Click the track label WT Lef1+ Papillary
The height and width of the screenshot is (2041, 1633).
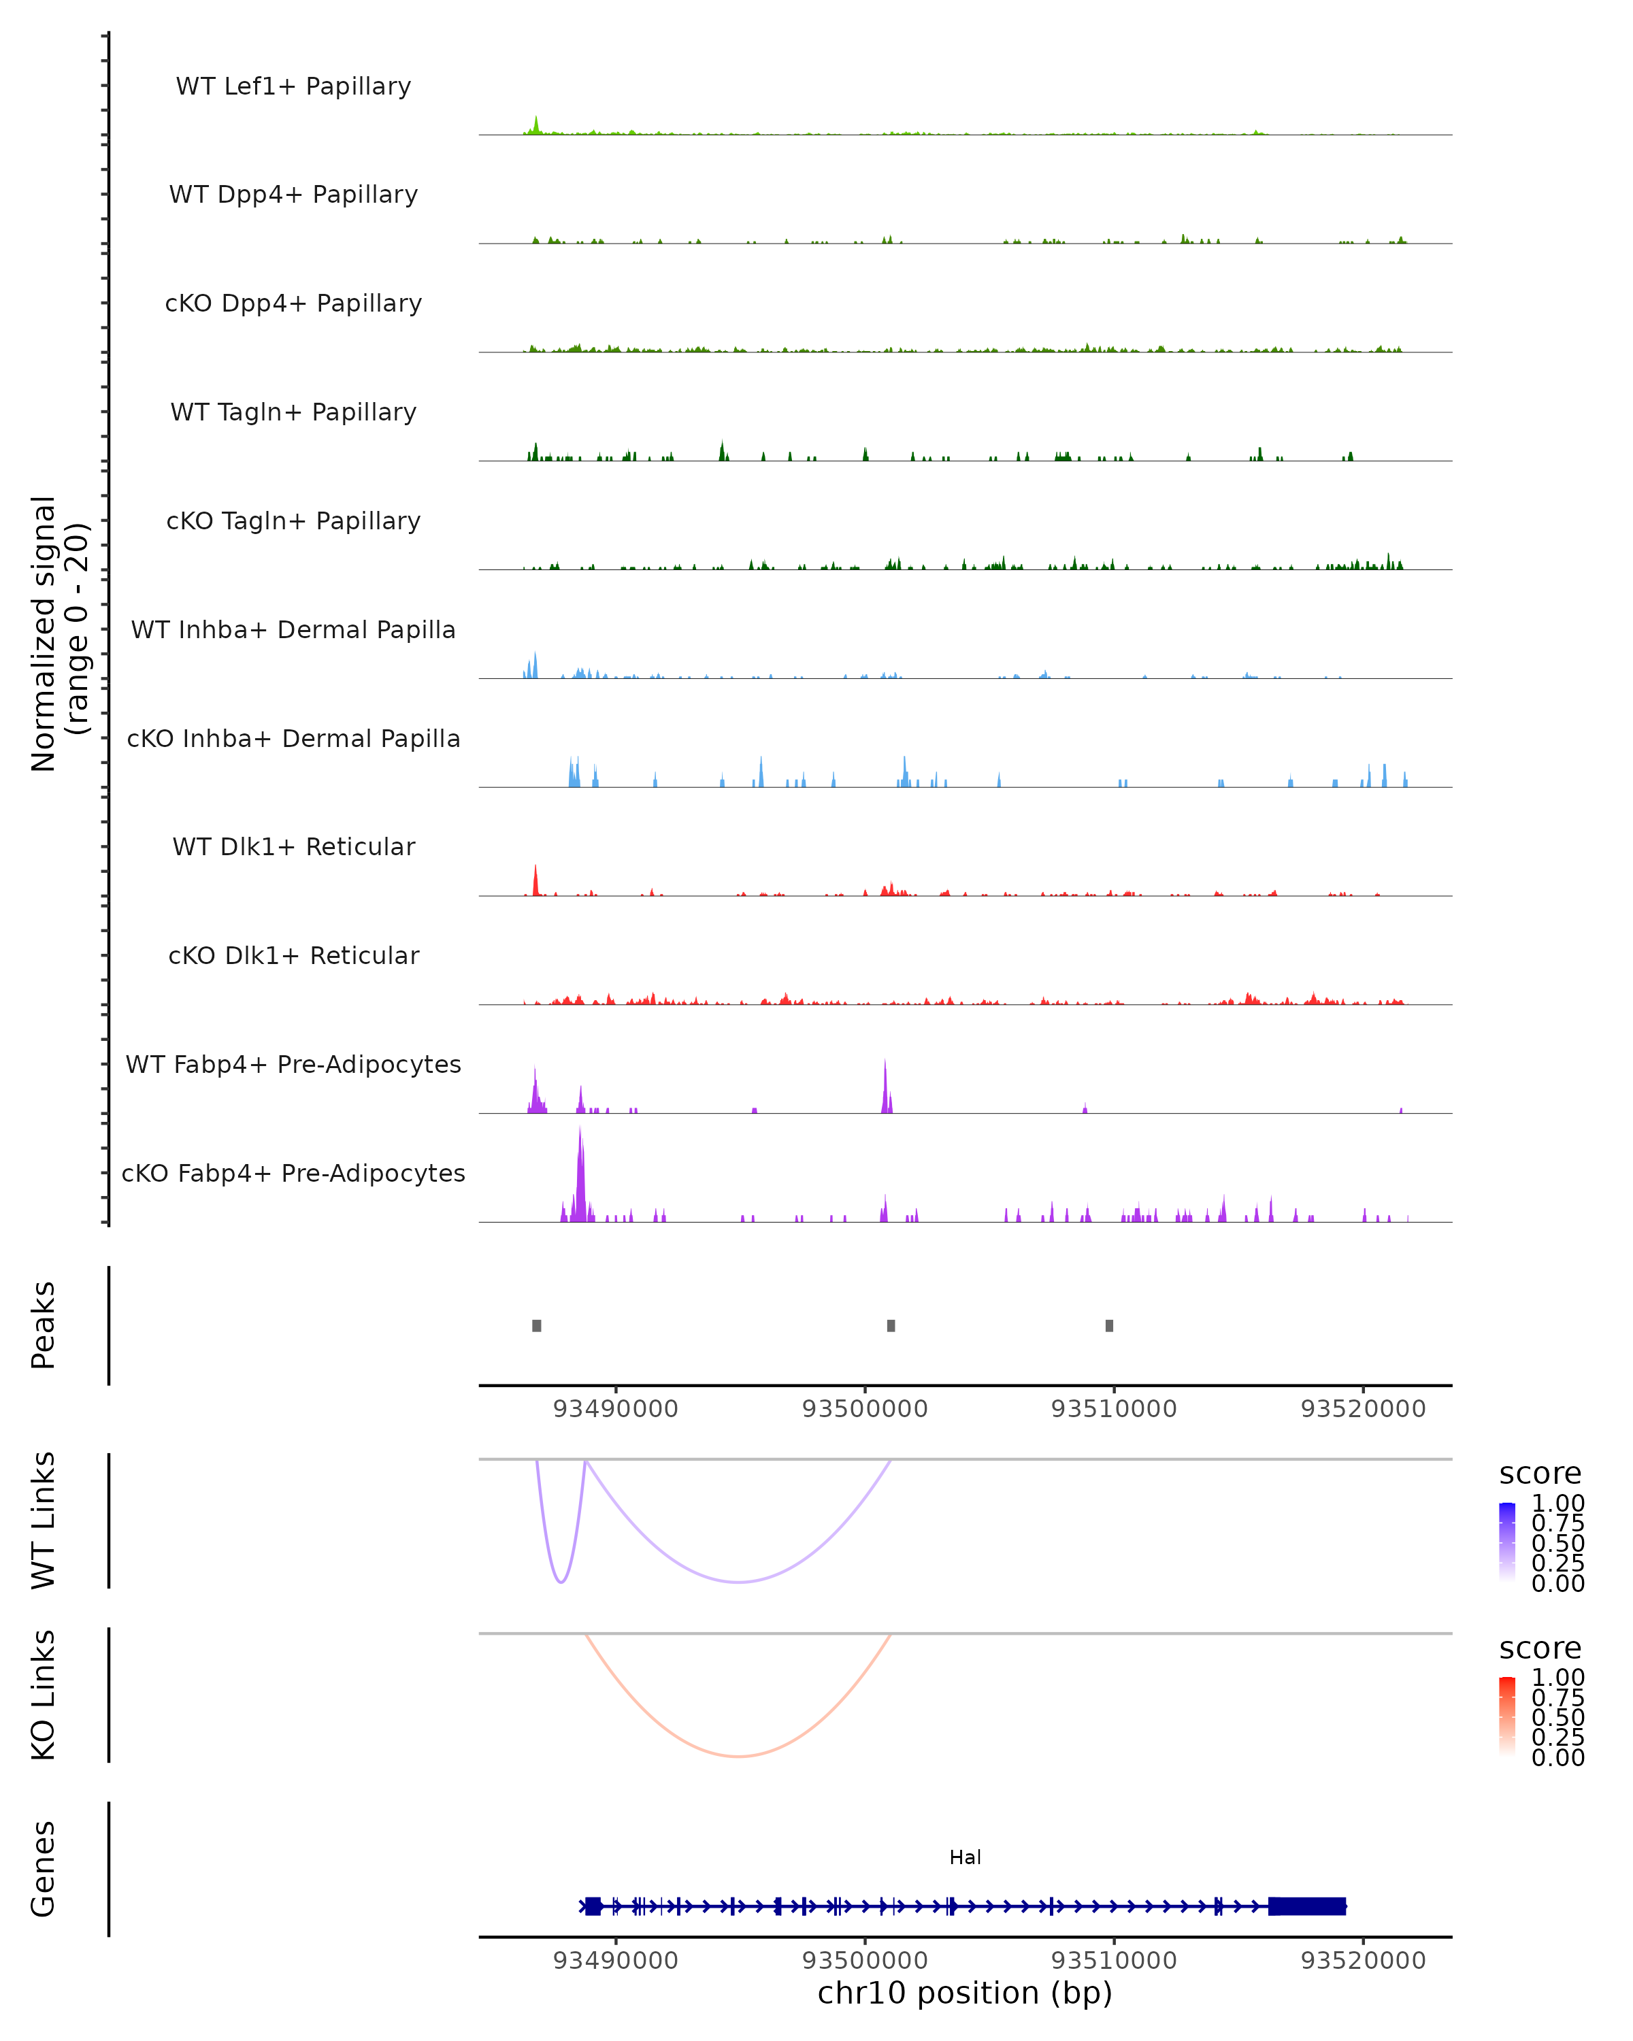pos(293,86)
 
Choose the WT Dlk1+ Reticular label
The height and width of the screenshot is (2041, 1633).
pos(293,846)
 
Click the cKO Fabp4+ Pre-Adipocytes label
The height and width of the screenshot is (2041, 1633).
pos(293,1173)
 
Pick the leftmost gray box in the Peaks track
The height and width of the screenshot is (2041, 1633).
pos(537,1325)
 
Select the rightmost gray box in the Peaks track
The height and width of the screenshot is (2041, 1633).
pos(1110,1325)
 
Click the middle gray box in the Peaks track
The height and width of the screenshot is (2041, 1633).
pos(891,1325)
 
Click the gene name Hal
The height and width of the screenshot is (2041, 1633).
pos(965,1857)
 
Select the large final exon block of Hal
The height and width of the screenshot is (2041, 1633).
pos(1307,1906)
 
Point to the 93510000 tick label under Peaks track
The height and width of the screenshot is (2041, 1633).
pos(1115,1409)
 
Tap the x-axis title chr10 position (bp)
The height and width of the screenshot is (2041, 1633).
pos(965,1993)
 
